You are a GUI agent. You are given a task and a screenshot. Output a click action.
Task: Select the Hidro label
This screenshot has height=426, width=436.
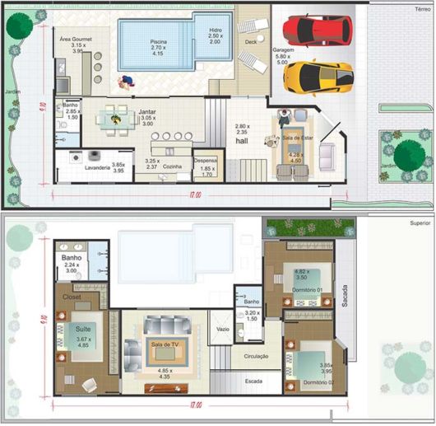click(215, 29)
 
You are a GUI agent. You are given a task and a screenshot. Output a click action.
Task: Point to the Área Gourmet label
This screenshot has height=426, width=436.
click(77, 38)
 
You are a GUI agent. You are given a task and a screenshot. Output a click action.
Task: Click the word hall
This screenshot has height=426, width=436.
click(242, 141)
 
